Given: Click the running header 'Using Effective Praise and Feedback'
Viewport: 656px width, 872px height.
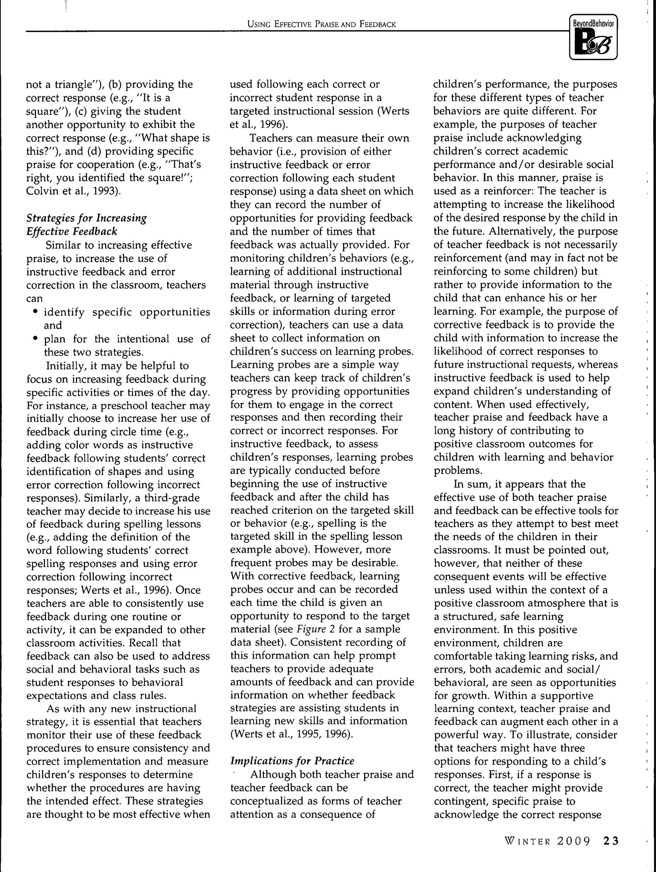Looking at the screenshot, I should [321, 24].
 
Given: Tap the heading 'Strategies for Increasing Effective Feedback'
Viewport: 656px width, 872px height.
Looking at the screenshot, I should [86, 224].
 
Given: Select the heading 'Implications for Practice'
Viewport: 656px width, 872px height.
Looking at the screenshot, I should [292, 761].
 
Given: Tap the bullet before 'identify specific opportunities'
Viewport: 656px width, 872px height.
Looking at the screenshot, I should [36, 312].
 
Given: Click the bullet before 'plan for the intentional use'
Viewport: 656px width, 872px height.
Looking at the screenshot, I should [36, 338].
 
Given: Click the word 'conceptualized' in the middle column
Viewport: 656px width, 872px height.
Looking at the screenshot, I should [270, 801].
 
